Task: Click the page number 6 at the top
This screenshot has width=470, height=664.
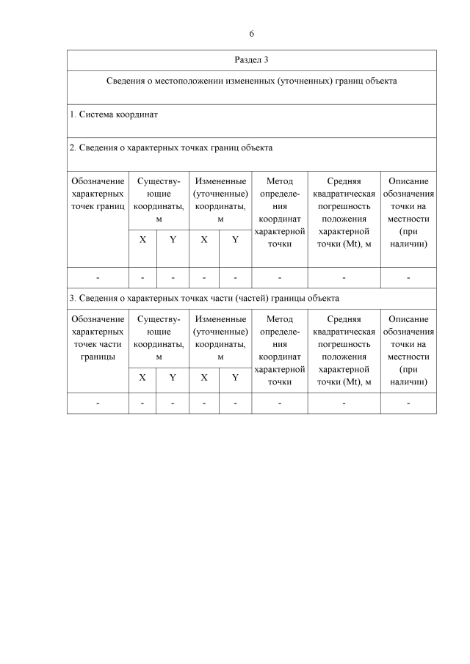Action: click(251, 34)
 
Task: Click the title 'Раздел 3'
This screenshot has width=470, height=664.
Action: click(251, 59)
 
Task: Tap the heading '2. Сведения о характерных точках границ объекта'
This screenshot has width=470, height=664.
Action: click(171, 147)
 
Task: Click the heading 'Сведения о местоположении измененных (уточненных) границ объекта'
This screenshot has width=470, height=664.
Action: click(251, 81)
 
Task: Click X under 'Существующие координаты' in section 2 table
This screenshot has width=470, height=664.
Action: click(142, 239)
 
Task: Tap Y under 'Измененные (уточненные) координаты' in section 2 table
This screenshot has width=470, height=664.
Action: click(235, 239)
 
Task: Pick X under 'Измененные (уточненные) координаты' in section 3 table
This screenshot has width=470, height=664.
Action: click(204, 378)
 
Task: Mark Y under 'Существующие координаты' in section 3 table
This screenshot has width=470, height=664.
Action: click(173, 378)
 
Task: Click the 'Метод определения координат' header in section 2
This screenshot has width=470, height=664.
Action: click(279, 212)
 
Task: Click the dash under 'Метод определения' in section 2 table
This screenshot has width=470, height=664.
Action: click(279, 277)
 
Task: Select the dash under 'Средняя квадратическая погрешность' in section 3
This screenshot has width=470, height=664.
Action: click(344, 403)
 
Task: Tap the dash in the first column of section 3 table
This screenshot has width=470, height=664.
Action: click(98, 403)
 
